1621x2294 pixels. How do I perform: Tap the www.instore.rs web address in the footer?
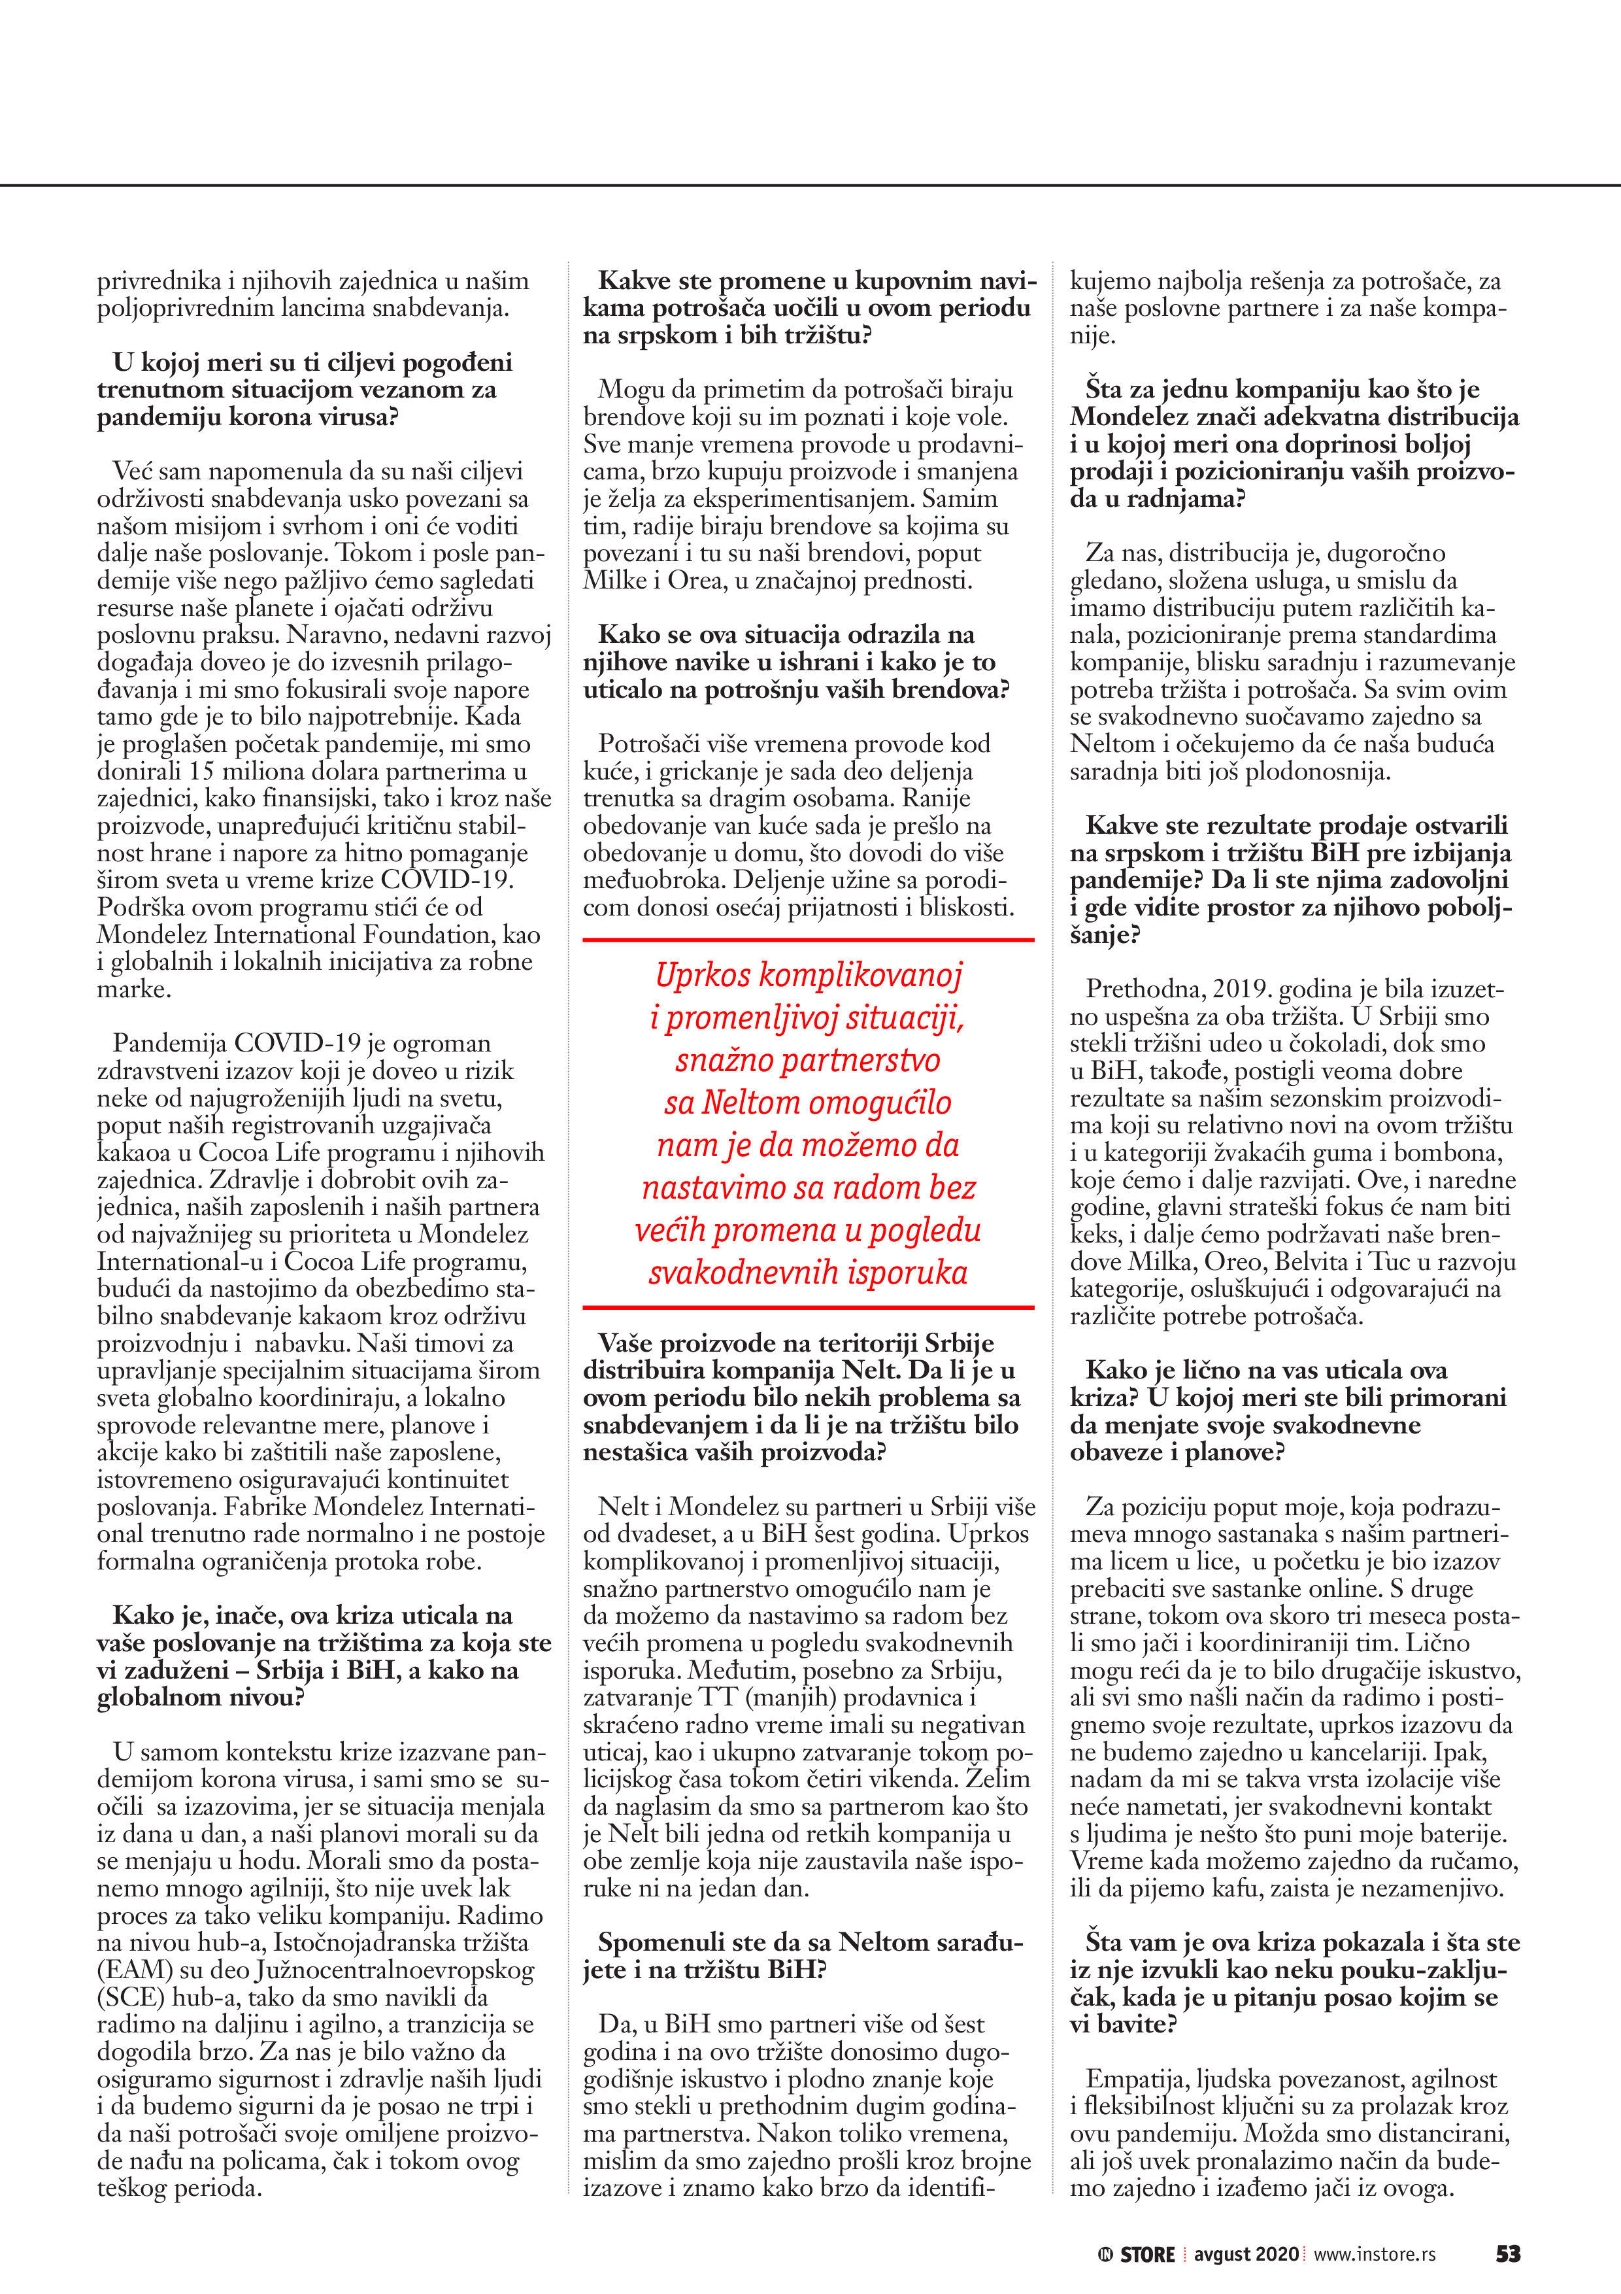[x=1375, y=2254]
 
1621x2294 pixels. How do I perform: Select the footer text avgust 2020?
[x=1246, y=2254]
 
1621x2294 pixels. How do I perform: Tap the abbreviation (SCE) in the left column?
[x=131, y=1996]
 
